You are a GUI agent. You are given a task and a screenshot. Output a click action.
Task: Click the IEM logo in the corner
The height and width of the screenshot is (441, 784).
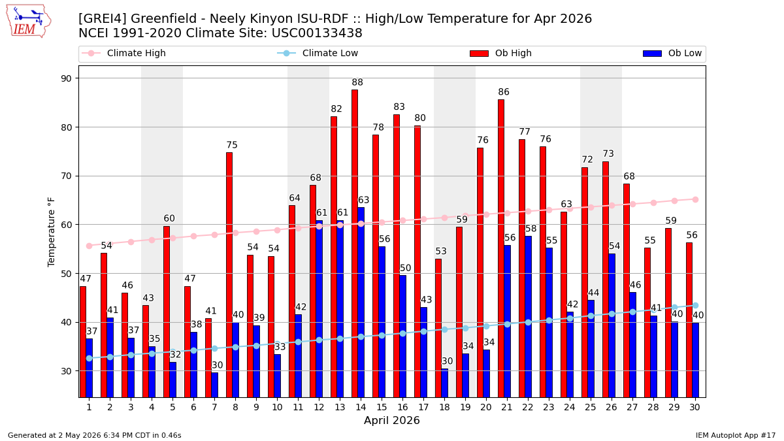click(29, 22)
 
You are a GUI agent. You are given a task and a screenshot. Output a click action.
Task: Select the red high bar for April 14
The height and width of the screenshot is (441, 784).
click(355, 244)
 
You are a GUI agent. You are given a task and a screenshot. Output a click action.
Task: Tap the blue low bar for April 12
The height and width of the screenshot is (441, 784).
click(319, 309)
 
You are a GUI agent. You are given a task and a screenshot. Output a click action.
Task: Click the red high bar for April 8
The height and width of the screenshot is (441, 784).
click(229, 275)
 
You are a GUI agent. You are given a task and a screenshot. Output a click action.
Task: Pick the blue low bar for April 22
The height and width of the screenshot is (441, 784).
click(528, 317)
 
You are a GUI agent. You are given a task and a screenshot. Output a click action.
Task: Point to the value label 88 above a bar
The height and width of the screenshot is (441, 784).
click(357, 82)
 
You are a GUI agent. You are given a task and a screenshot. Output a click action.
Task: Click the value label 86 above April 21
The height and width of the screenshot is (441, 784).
click(504, 92)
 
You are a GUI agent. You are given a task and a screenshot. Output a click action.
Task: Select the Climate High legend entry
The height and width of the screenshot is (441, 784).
click(123, 53)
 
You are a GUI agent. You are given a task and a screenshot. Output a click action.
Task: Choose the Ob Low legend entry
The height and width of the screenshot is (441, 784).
click(672, 53)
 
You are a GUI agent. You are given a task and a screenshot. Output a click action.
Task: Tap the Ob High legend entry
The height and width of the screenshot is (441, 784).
click(501, 53)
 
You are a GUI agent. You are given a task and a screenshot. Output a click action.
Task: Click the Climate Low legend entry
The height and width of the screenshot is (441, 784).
click(318, 53)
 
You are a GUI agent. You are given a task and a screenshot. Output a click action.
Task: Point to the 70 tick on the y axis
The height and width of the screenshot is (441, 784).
click(66, 176)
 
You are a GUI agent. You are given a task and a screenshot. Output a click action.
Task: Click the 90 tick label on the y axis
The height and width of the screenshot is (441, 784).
click(66, 78)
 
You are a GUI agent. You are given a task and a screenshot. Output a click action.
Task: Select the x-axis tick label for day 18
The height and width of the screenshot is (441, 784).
click(444, 408)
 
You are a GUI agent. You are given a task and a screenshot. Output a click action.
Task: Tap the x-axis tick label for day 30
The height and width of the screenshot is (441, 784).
click(695, 408)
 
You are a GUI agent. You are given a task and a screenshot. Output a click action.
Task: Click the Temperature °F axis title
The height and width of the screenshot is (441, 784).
click(51, 232)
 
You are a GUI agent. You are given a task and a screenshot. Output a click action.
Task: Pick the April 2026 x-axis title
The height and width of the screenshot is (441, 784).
click(392, 420)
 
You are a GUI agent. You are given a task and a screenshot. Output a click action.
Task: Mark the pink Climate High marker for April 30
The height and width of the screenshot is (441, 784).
click(695, 199)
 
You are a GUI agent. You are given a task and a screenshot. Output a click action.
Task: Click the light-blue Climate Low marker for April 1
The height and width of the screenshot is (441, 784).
click(90, 359)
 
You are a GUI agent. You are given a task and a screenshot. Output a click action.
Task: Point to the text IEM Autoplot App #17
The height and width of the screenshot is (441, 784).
click(736, 435)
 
